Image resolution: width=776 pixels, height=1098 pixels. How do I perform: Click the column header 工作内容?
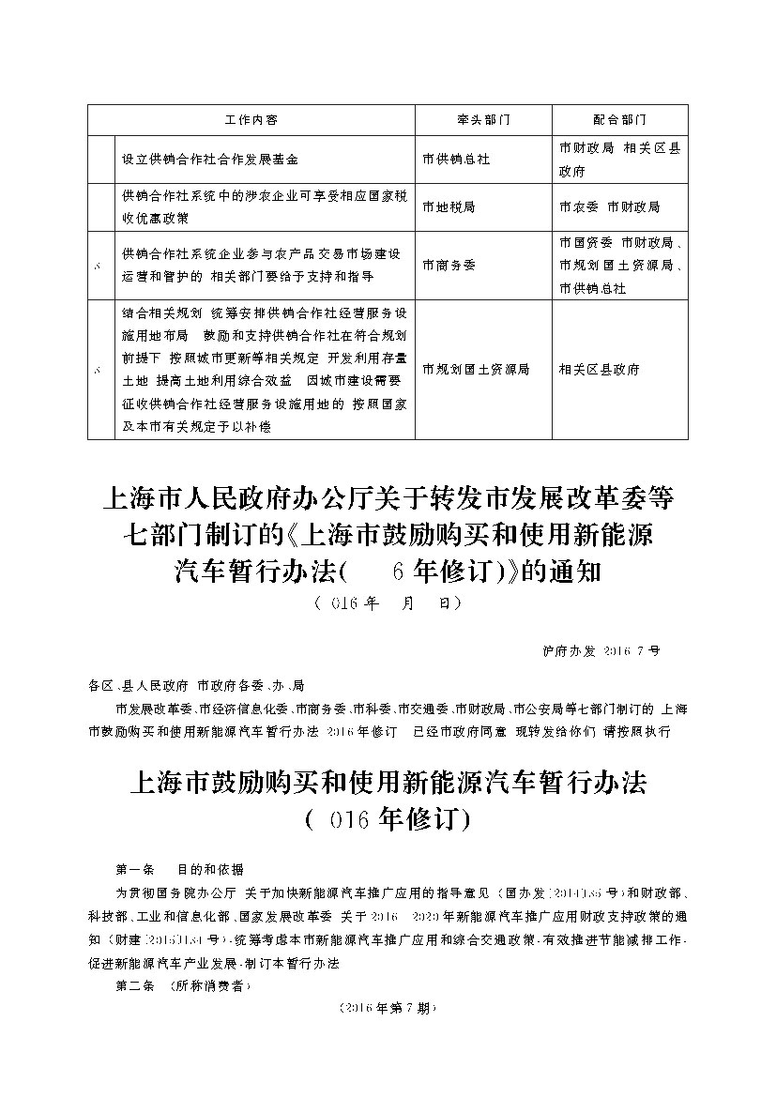pyautogui.click(x=251, y=121)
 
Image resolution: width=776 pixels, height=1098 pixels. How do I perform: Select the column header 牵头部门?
pyautogui.click(x=483, y=121)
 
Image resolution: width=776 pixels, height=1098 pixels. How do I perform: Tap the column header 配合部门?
pyautogui.click(x=620, y=121)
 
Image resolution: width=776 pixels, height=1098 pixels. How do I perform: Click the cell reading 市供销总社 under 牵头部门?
pyautogui.click(x=456, y=160)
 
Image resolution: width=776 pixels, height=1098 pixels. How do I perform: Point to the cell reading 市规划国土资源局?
pyautogui.click(x=476, y=370)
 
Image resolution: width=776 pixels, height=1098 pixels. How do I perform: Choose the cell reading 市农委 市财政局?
pyautogui.click(x=609, y=206)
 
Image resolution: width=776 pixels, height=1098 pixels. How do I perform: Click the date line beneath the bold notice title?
pyautogui.click(x=387, y=603)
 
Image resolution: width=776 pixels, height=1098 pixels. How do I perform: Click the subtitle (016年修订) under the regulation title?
pyautogui.click(x=387, y=819)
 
